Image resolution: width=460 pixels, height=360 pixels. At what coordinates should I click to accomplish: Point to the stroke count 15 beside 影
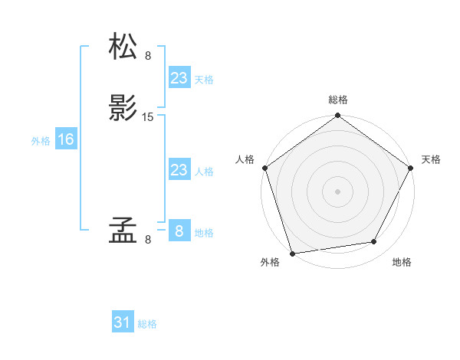148,117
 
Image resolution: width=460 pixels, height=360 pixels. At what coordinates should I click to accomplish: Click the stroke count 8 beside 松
148,56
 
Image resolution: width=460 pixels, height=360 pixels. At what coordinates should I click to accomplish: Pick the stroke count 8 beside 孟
148,240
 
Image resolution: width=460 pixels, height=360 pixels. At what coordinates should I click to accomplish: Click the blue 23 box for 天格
179,78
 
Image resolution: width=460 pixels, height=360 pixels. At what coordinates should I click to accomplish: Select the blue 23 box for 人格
179,170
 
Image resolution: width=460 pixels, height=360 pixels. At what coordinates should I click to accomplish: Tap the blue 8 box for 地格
179,231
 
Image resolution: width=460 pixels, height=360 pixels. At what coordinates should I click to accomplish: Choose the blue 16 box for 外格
65,139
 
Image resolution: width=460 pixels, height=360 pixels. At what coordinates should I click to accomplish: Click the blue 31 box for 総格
122,322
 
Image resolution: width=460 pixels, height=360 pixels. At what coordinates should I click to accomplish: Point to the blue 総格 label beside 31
147,324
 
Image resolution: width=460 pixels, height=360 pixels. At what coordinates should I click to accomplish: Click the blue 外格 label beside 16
41,141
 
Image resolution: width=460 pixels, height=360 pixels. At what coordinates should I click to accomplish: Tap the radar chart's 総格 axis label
337,100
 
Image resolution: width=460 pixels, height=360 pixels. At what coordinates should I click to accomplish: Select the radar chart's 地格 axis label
402,263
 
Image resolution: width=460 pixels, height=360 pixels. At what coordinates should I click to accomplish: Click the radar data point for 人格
264,168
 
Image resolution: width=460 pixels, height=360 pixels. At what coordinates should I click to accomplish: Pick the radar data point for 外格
292,253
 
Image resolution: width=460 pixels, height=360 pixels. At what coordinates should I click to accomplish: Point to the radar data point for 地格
374,242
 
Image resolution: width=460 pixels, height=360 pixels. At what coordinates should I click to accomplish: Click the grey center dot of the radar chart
337,191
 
